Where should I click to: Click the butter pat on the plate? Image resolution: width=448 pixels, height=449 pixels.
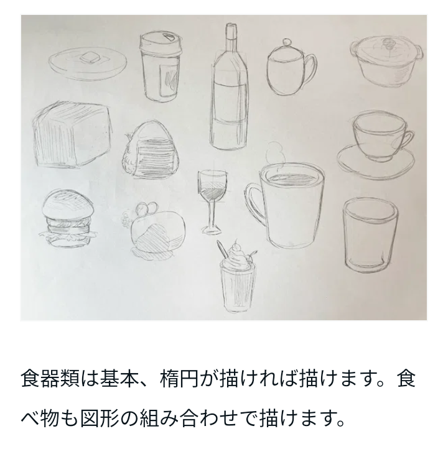tap(90, 58)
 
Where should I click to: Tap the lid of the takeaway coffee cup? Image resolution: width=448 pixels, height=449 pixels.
tap(161, 42)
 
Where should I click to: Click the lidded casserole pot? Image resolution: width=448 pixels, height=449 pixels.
tap(386, 61)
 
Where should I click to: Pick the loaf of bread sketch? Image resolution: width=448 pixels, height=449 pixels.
tap(72, 134)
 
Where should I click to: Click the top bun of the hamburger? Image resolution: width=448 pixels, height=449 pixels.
tap(68, 205)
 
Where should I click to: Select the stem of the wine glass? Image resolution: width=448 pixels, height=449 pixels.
tap(212, 213)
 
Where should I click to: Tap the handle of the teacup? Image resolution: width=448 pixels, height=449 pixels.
tap(406, 141)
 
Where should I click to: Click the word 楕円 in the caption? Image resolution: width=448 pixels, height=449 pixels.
tap(179, 379)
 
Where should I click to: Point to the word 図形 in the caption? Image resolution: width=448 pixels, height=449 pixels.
tap(100, 419)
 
